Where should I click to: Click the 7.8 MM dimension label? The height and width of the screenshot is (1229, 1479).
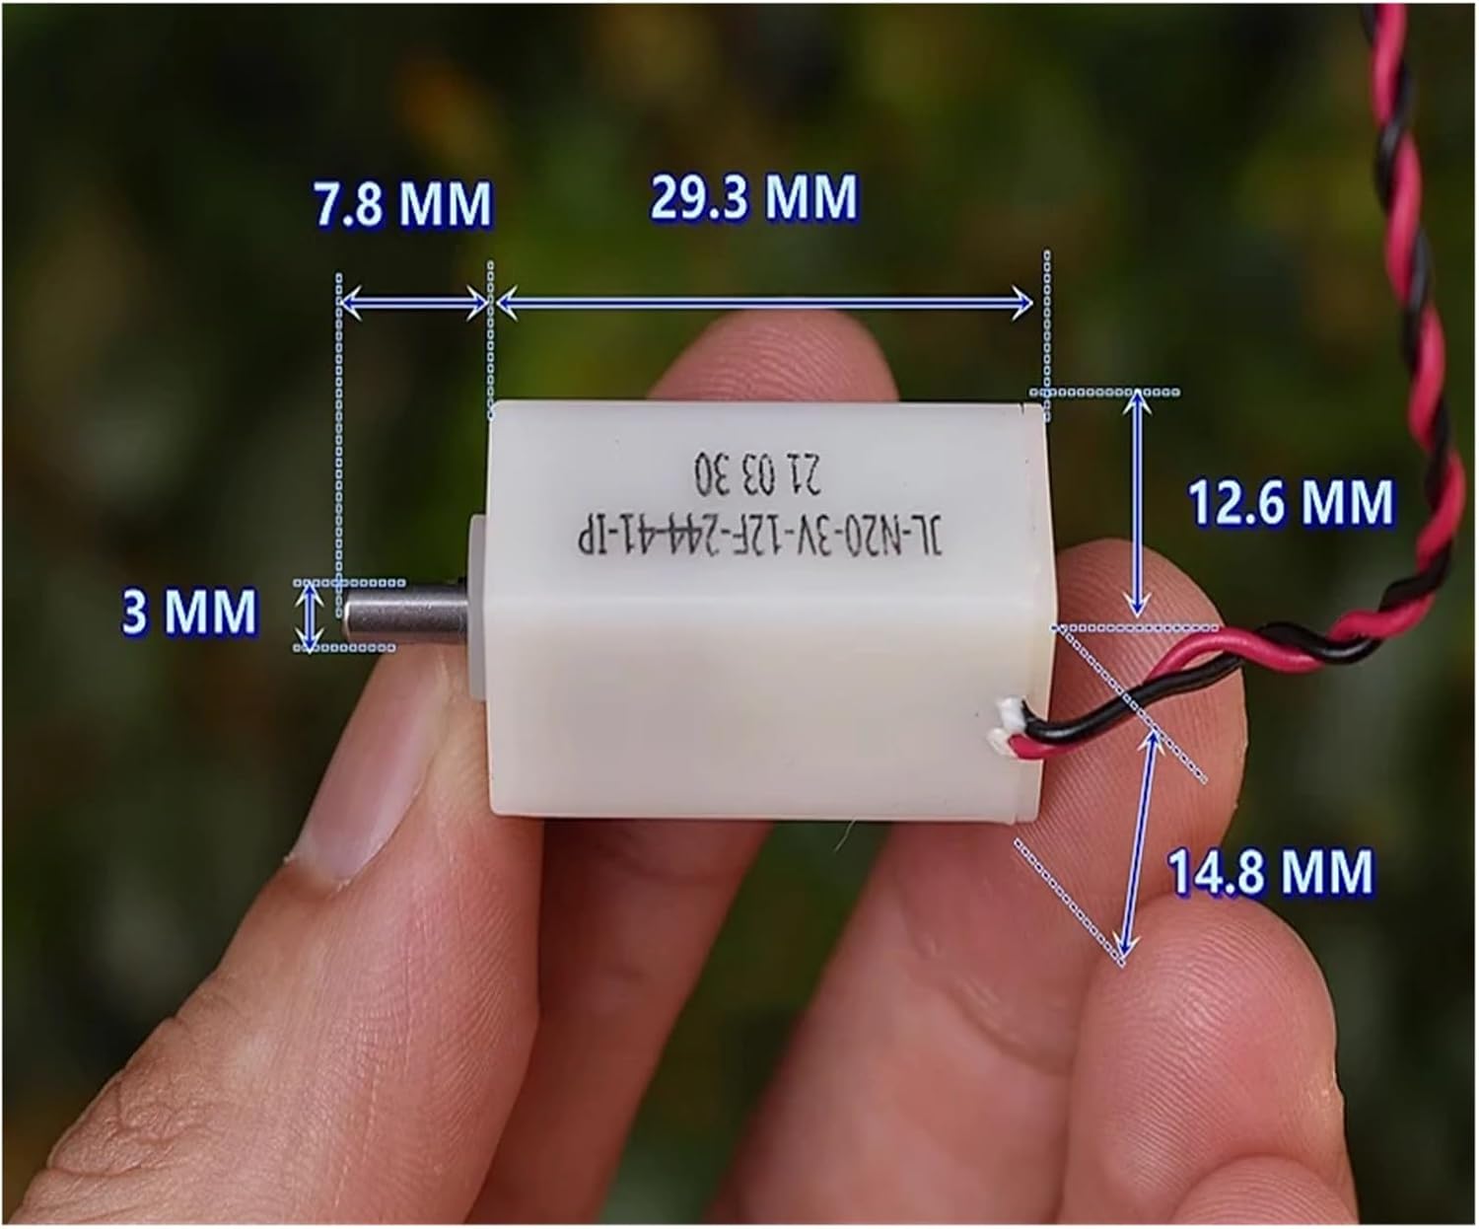tap(402, 204)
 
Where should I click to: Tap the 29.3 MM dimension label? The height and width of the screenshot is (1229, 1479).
tap(753, 197)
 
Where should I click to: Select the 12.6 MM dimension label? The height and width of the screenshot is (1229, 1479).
tap(1291, 502)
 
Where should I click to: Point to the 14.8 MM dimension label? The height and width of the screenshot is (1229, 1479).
tap(1271, 872)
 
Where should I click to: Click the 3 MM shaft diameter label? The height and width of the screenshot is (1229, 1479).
tap(188, 612)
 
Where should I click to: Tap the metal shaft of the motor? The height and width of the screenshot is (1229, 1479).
tap(404, 614)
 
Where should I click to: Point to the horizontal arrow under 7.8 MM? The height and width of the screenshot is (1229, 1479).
tap(414, 306)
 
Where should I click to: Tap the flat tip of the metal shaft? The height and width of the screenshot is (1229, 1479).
tap(346, 614)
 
